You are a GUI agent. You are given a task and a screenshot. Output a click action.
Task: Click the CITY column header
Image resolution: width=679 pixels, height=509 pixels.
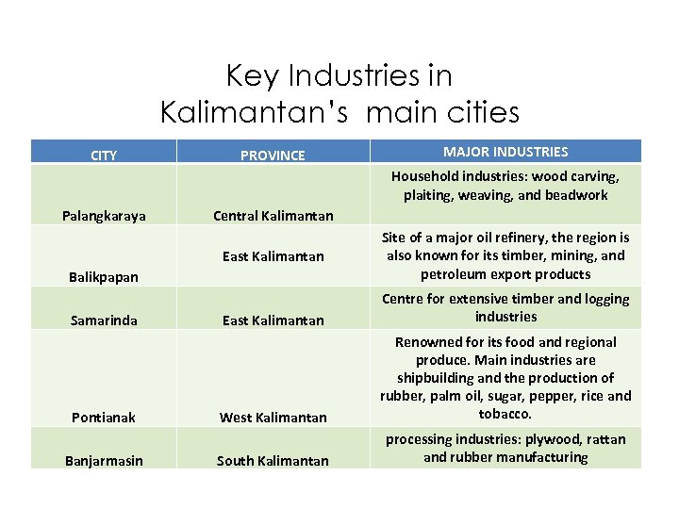[x=104, y=156]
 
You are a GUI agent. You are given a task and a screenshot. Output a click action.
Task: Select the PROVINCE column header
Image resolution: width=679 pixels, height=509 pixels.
[x=273, y=156]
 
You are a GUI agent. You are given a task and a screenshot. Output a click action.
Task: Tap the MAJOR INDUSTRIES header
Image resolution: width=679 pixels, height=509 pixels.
[x=505, y=152]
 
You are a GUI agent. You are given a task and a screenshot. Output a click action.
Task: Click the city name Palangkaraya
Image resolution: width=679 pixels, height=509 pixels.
[x=104, y=216]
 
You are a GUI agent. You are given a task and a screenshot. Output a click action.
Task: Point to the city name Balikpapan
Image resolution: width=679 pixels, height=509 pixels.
[x=104, y=277]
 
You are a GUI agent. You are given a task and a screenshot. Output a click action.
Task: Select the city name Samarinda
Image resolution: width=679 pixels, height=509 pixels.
[x=104, y=320]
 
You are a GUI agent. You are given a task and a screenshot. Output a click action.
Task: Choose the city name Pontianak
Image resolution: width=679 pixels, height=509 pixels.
[x=104, y=418]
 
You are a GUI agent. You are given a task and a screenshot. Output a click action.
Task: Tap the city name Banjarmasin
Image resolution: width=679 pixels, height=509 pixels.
[x=104, y=461]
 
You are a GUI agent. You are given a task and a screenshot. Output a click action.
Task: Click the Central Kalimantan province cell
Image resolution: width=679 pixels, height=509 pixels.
[x=273, y=216]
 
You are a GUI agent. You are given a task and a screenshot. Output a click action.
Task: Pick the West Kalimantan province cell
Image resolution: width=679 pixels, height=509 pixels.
[x=273, y=418]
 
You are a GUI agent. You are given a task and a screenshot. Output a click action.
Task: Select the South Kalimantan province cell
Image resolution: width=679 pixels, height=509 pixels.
[x=273, y=461]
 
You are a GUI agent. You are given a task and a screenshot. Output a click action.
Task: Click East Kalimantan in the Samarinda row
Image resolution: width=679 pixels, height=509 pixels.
[x=273, y=320]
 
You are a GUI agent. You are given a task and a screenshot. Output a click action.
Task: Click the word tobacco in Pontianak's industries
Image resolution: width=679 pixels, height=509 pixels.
[x=505, y=414]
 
